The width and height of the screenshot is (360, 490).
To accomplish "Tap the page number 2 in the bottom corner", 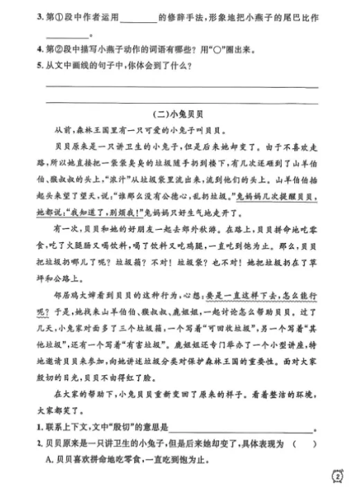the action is point(338,478).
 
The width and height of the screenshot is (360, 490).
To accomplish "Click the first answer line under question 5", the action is point(181,87).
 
